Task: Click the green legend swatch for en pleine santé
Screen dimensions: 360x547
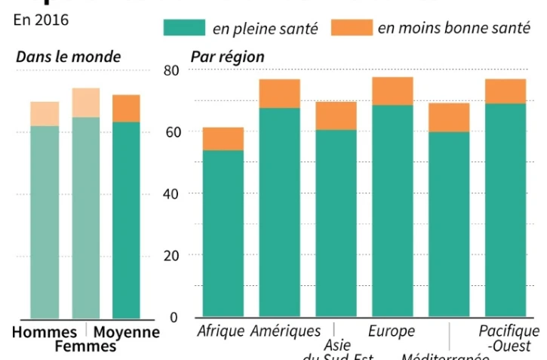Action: point(184,27)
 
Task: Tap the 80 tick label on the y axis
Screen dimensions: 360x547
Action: point(173,71)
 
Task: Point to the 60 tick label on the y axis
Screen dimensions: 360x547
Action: point(173,132)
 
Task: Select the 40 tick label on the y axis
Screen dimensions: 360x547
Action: point(173,194)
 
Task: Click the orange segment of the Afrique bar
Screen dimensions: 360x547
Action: point(223,139)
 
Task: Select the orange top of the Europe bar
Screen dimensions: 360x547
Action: point(392,91)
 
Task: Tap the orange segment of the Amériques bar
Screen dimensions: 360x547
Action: point(279,94)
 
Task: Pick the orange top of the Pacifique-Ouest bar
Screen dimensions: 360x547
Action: point(505,91)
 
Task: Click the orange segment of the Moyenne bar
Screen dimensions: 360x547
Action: point(126,109)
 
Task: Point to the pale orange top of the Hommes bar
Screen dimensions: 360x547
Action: point(45,114)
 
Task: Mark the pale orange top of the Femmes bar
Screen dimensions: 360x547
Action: point(85,103)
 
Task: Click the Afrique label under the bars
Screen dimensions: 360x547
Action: point(220,331)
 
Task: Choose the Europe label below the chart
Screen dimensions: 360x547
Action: point(391,331)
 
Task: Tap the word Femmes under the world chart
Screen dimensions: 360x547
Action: point(85,346)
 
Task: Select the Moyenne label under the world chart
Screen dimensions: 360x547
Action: point(126,332)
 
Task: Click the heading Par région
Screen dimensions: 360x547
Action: point(227,57)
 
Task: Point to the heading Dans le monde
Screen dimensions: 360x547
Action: point(68,57)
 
